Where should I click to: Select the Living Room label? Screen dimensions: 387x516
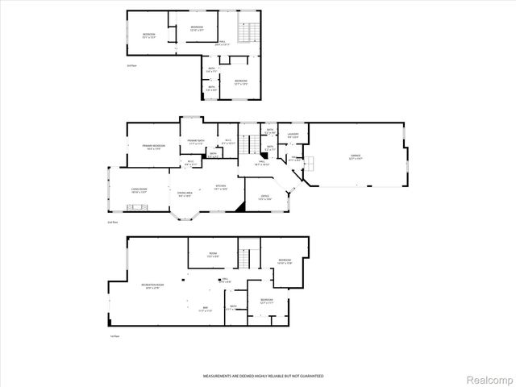point(139,190)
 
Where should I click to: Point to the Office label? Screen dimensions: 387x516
point(264,197)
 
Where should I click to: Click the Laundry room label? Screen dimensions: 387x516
point(293,135)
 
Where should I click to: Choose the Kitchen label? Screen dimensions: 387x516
point(219,187)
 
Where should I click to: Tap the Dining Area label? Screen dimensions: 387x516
point(185,193)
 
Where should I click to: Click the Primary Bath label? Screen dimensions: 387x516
point(195,142)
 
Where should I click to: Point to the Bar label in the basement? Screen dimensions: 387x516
point(206,309)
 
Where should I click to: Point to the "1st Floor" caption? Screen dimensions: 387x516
point(116,335)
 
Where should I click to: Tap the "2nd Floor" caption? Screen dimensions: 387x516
point(113,222)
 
